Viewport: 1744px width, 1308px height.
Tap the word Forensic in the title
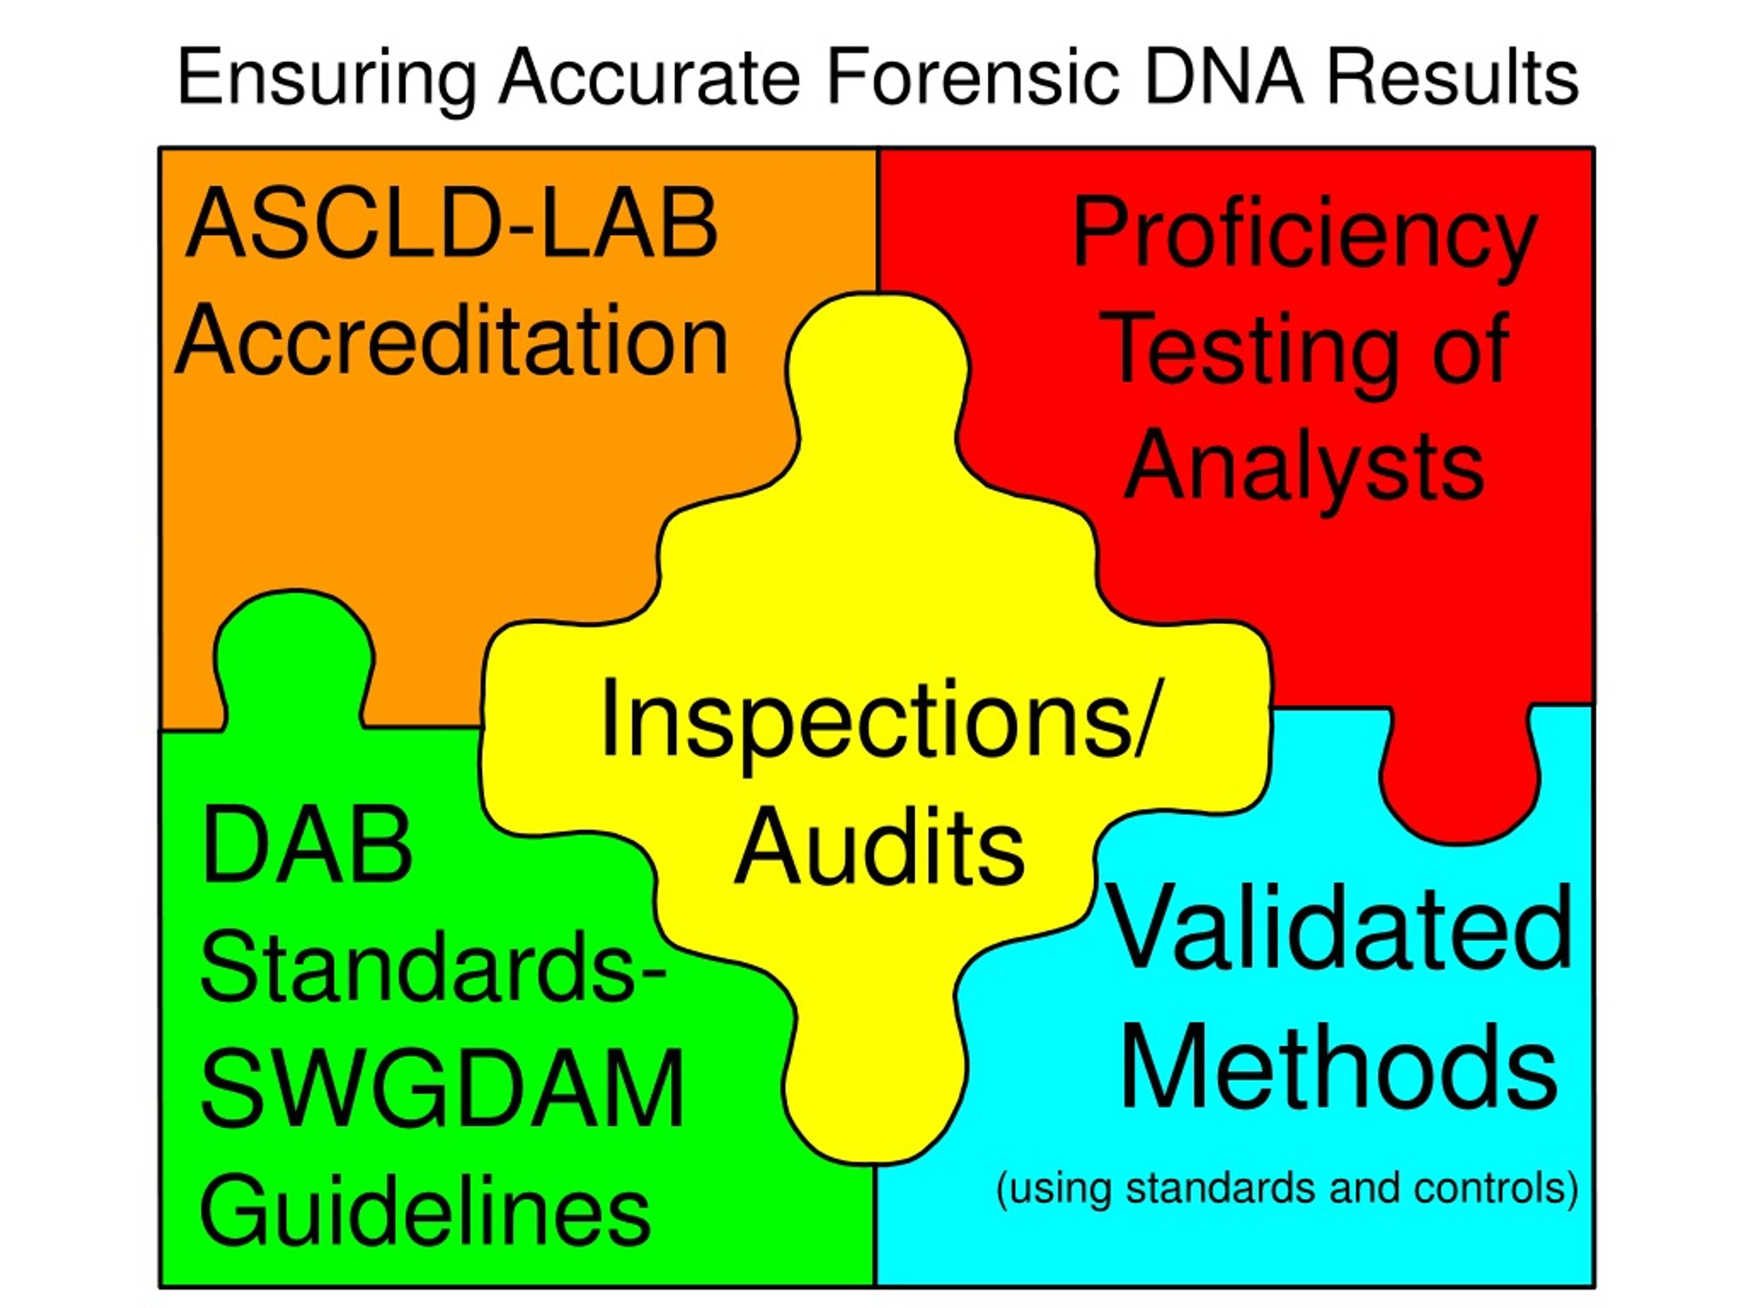pyautogui.click(x=973, y=77)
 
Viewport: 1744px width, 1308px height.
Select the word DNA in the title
pyautogui.click(x=1224, y=77)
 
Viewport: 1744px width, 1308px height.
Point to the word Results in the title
pyautogui.click(x=1453, y=77)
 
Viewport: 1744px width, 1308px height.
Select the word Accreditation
pyautogui.click(x=452, y=341)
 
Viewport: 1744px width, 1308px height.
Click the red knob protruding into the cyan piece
pyautogui.click(x=1459, y=777)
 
